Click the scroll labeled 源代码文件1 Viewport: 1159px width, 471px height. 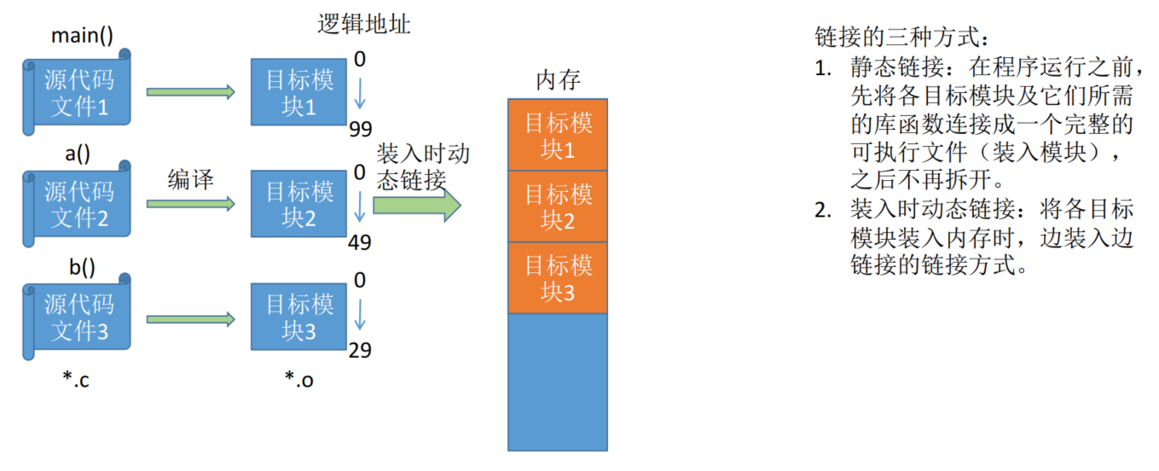(77, 92)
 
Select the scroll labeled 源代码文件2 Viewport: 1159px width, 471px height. (77, 204)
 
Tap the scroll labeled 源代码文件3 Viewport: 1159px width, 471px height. (77, 317)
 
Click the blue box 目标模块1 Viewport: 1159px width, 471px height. (298, 92)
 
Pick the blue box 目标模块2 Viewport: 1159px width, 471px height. (298, 204)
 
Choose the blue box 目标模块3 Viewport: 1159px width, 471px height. (298, 317)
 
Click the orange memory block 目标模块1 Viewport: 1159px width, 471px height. (558, 135)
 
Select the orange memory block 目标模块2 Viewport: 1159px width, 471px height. (558, 206)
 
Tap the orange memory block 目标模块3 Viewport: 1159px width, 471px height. (558, 278)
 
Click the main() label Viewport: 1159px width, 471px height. (82, 35)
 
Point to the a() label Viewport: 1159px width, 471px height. (78, 154)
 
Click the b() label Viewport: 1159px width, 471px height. (82, 267)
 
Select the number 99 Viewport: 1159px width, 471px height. (361, 129)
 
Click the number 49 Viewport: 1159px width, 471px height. (360, 242)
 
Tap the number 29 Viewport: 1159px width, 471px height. (360, 351)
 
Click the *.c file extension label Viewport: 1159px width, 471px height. (76, 380)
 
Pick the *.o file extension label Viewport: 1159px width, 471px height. (299, 380)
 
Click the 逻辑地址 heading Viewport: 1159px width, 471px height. (364, 25)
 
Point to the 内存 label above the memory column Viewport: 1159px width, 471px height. (558, 79)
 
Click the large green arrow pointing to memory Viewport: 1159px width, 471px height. (417, 206)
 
